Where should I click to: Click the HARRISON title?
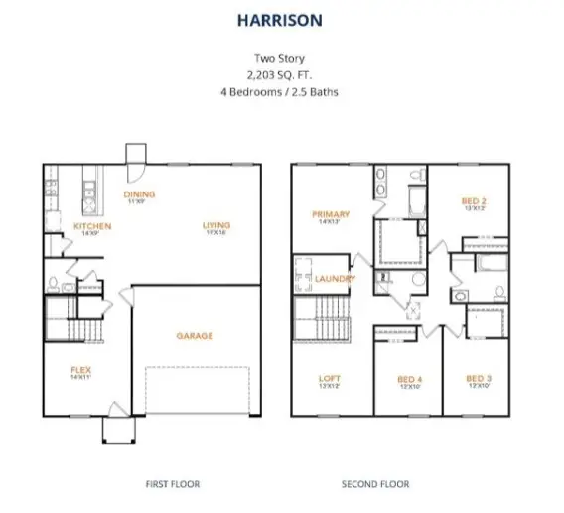pyautogui.click(x=281, y=18)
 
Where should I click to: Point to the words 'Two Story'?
pyautogui.click(x=281, y=58)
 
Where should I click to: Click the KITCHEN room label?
pyautogui.click(x=92, y=226)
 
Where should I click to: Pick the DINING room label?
pyautogui.click(x=138, y=194)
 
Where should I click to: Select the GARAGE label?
pyautogui.click(x=195, y=336)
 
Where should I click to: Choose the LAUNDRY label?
pyautogui.click(x=335, y=279)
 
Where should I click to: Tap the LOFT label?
pyautogui.click(x=330, y=378)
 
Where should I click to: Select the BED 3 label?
pyautogui.click(x=480, y=378)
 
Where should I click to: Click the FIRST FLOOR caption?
pyautogui.click(x=172, y=484)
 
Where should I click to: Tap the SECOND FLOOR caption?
pyautogui.click(x=374, y=484)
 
